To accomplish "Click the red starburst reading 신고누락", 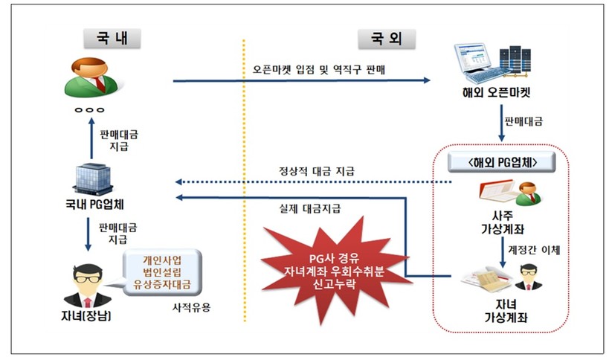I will point(329,264).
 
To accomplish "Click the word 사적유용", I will point(192,306).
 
